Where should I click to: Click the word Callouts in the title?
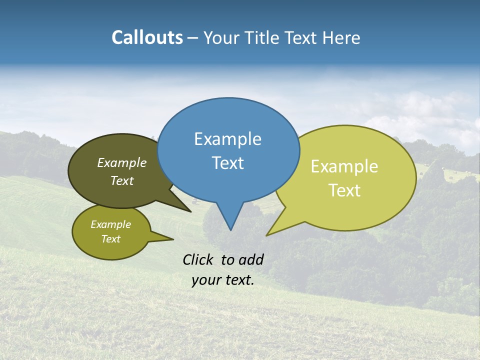(147, 38)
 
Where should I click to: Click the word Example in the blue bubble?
(227, 139)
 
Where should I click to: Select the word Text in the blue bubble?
(227, 163)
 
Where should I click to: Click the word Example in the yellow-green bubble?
(344, 166)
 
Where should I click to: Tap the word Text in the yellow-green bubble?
(344, 190)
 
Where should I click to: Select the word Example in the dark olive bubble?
(122, 163)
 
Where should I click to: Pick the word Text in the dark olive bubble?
(122, 180)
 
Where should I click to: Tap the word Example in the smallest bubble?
(110, 224)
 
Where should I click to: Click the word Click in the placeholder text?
(199, 259)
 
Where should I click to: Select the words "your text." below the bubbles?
(223, 280)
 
